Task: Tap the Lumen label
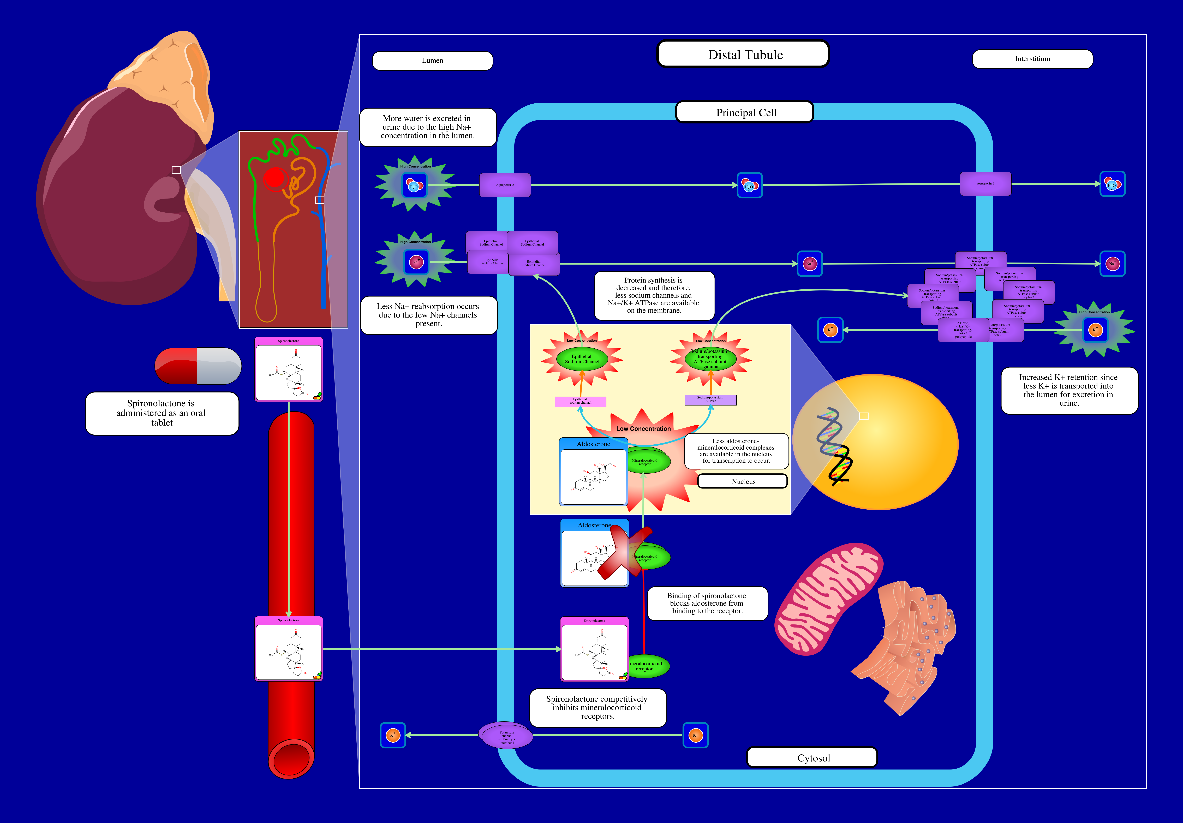(432, 60)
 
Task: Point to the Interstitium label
(1032, 59)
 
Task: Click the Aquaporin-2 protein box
(504, 185)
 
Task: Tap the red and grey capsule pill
(198, 366)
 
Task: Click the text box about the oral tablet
(162, 413)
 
